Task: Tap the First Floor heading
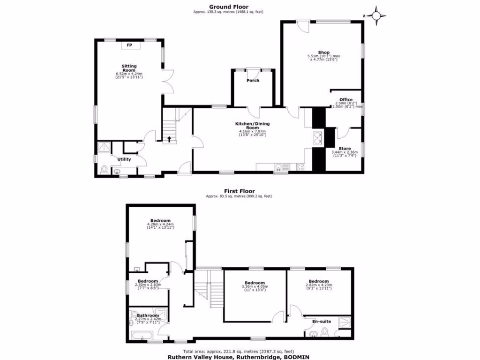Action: pos(239,191)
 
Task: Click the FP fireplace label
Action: pos(130,45)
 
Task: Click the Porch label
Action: pos(253,81)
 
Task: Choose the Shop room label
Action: pos(323,52)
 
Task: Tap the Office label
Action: pos(346,99)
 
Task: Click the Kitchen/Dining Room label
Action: pos(252,126)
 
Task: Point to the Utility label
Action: pos(124,159)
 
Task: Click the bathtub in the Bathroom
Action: pos(141,336)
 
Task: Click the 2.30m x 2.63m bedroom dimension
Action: pos(148,285)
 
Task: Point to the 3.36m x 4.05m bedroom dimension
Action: pos(255,286)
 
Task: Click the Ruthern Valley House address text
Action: pos(239,356)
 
